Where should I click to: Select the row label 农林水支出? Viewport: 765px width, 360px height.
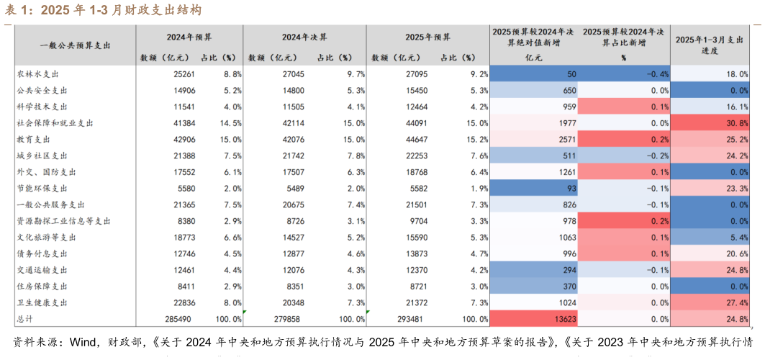click(37, 74)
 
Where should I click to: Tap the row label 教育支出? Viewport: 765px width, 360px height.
click(34, 140)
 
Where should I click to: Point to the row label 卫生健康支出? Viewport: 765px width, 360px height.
click(42, 302)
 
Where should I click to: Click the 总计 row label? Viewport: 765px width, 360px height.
click(25, 318)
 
